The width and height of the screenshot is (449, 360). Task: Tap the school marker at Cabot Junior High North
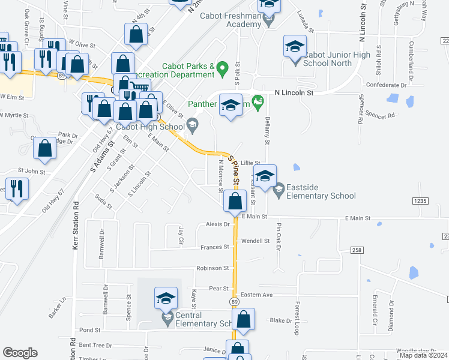(x=295, y=47)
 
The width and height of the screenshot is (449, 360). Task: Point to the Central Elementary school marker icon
(x=166, y=299)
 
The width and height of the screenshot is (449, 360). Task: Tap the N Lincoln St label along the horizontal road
(x=295, y=93)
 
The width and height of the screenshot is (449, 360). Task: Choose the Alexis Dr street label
(x=218, y=224)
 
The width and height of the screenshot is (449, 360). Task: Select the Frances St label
(x=215, y=247)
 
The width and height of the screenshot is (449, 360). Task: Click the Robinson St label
(x=212, y=268)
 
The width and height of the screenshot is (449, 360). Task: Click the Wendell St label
(x=255, y=241)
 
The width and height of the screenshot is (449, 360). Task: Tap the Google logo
(x=20, y=353)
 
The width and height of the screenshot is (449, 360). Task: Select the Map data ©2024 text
(x=423, y=355)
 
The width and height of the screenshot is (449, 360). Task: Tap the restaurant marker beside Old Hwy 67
(x=16, y=188)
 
